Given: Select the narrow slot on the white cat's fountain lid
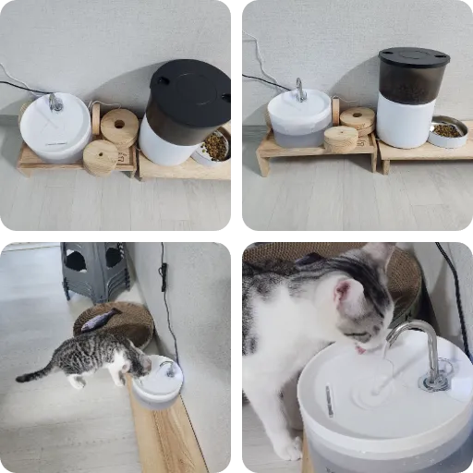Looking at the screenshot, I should (x=329, y=399).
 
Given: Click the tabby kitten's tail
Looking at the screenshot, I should (x=35, y=374).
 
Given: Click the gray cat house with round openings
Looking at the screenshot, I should (x=94, y=268).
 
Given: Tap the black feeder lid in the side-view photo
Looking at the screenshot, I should (x=413, y=57).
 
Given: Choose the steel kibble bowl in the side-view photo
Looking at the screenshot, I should (x=448, y=132).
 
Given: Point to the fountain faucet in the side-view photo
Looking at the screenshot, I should (x=300, y=89).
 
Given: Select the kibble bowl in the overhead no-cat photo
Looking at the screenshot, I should (x=214, y=146).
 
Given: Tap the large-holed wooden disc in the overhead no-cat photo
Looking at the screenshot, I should (x=119, y=126).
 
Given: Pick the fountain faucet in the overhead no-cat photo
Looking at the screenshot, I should (x=55, y=102).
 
